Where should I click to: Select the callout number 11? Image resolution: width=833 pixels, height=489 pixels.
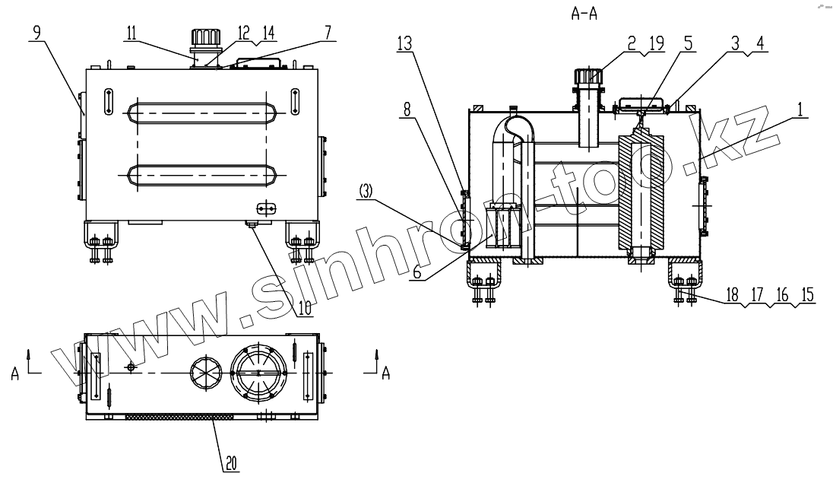(x=131, y=33)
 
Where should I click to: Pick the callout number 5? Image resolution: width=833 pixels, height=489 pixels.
(x=687, y=44)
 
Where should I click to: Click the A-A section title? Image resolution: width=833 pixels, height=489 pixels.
(x=584, y=14)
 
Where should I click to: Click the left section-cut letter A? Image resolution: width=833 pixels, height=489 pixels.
(x=14, y=373)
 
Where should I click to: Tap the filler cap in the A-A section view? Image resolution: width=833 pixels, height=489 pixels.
(x=590, y=77)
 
